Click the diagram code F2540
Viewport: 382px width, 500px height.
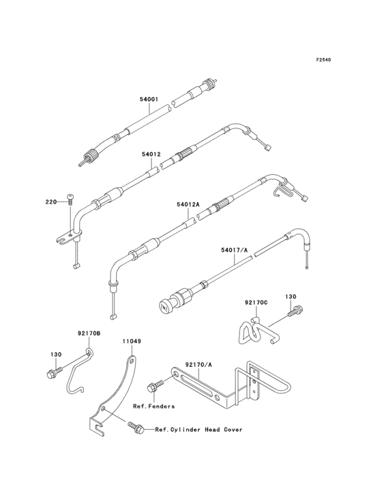click(x=323, y=59)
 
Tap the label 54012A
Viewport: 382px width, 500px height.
click(x=188, y=204)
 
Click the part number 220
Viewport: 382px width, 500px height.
click(x=51, y=202)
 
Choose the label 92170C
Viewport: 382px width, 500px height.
click(x=256, y=302)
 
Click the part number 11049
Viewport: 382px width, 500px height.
click(x=132, y=342)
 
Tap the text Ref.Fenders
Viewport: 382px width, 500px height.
click(x=153, y=406)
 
